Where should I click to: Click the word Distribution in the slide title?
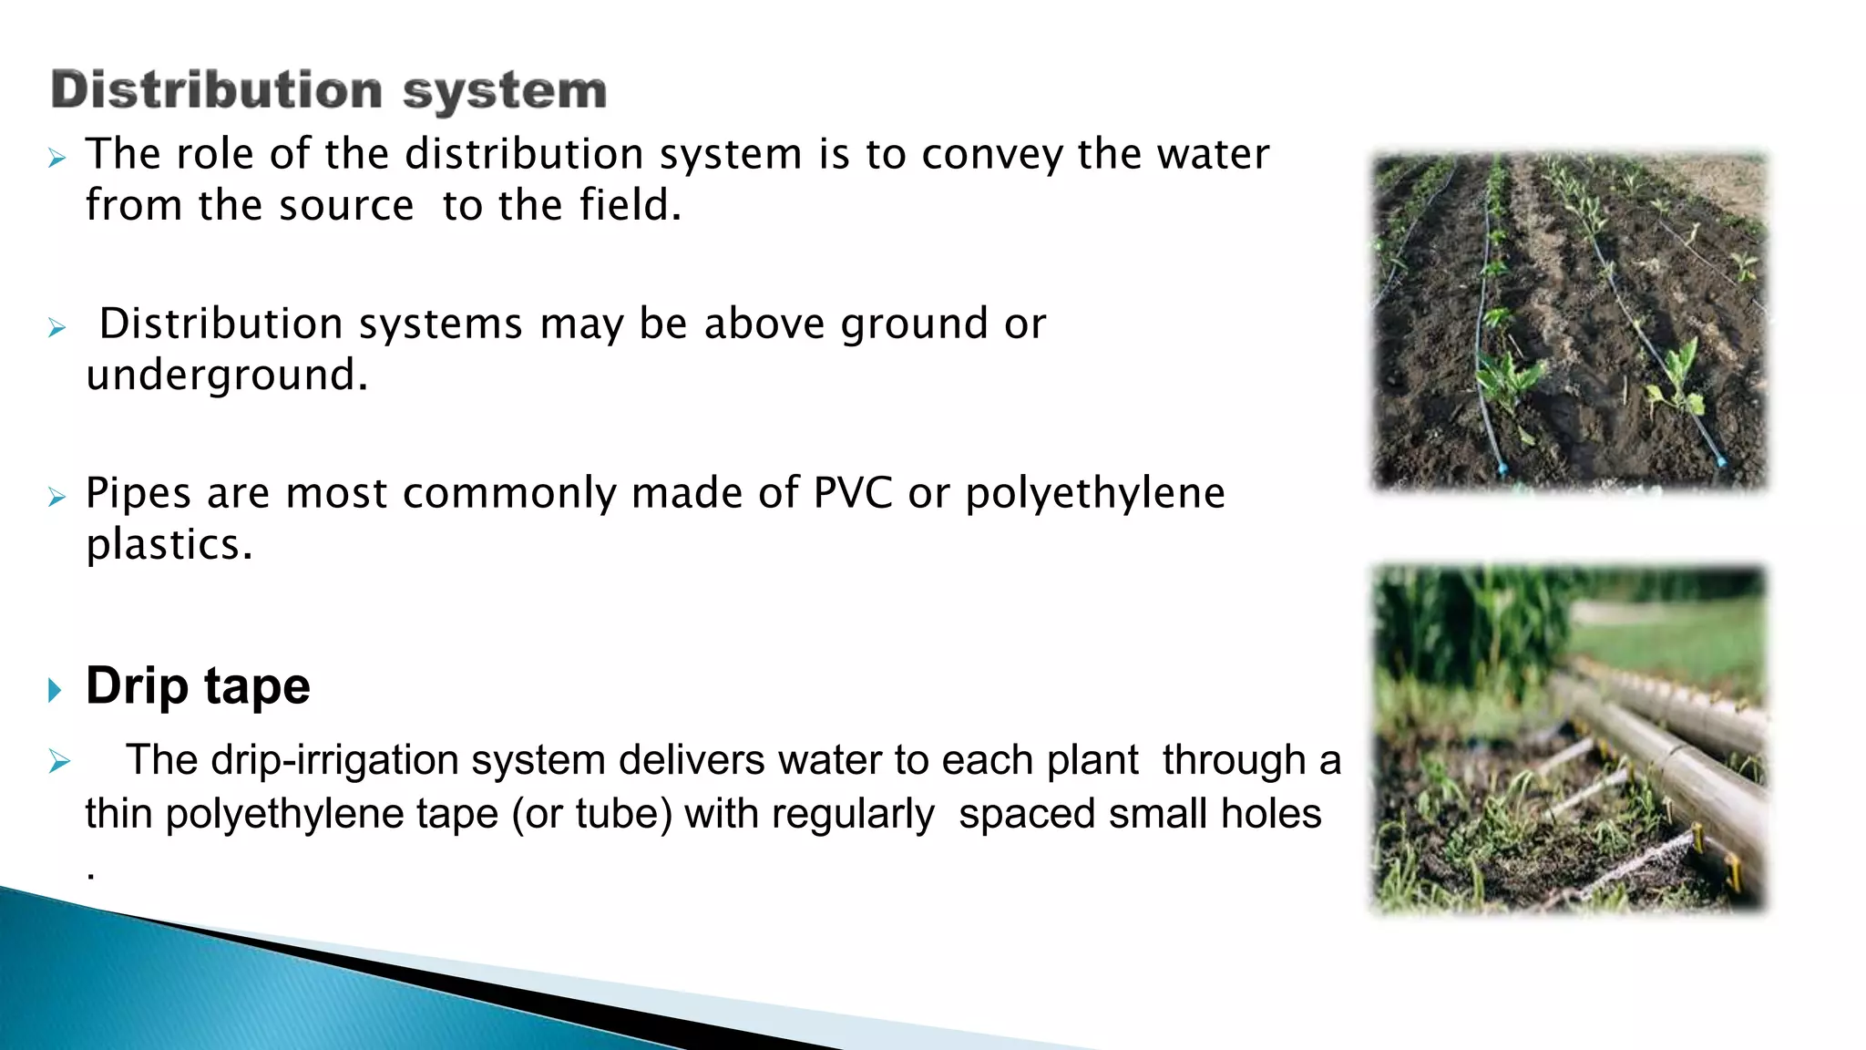click(x=216, y=90)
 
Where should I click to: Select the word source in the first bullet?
click(x=346, y=206)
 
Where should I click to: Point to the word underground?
click(x=227, y=376)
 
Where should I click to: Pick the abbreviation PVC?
click(x=853, y=493)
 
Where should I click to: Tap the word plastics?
click(x=169, y=545)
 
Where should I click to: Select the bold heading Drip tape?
click(x=198, y=685)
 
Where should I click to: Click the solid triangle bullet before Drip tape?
click(x=55, y=690)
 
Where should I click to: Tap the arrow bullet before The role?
click(x=57, y=160)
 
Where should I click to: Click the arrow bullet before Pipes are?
click(x=57, y=498)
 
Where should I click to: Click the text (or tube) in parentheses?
click(x=591, y=814)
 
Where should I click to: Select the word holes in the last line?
click(x=1270, y=813)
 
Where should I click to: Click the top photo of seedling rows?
click(x=1569, y=321)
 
